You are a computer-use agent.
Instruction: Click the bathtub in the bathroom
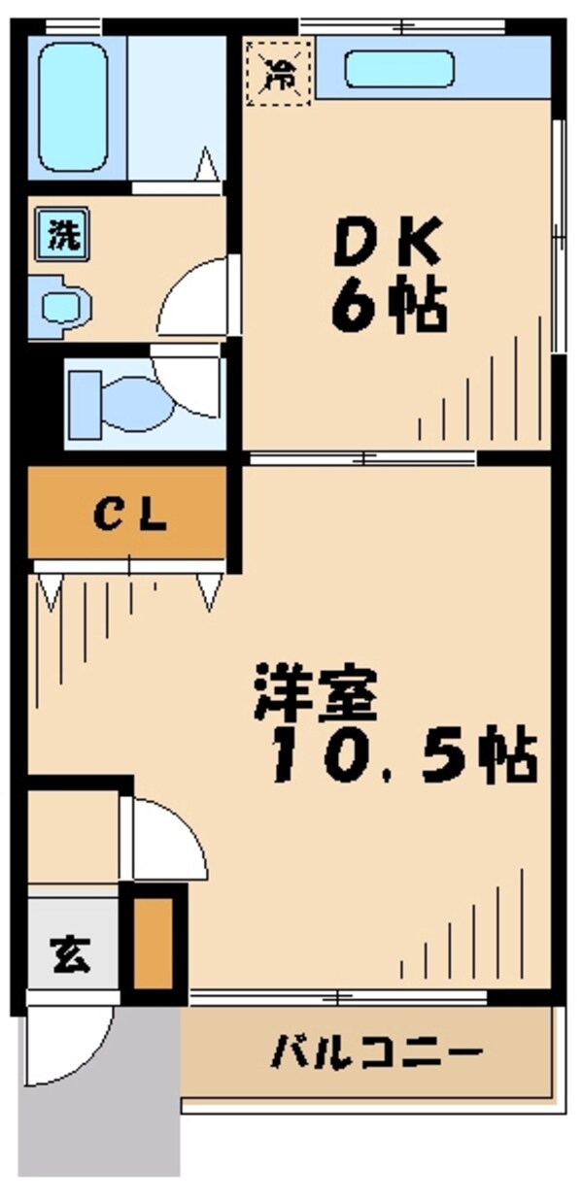(73, 107)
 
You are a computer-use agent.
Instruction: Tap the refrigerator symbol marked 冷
(278, 71)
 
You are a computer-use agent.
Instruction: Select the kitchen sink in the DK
(399, 69)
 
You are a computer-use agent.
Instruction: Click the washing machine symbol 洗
(65, 233)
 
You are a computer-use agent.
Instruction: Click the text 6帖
(389, 309)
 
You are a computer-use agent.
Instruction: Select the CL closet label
(131, 517)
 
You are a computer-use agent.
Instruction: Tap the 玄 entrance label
(70, 953)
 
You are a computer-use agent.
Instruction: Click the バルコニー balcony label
(375, 1051)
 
